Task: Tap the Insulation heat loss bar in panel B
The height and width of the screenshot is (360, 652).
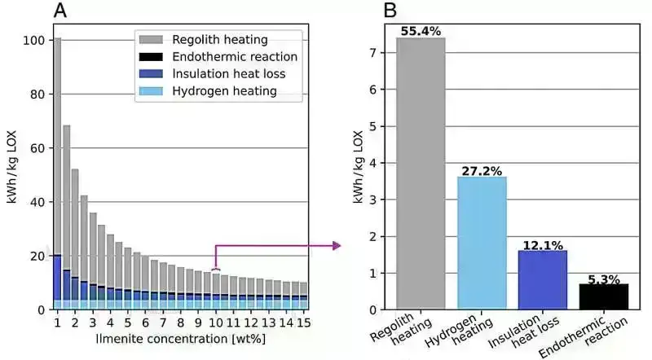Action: pyautogui.click(x=543, y=279)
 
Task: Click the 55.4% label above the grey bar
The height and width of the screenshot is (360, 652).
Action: pyautogui.click(x=421, y=31)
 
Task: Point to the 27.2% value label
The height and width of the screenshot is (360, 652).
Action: pyautogui.click(x=481, y=170)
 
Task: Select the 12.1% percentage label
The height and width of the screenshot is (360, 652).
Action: pyautogui.click(x=543, y=244)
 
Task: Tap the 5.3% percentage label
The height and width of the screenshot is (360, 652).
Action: pyautogui.click(x=604, y=278)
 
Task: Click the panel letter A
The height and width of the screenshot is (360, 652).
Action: pyautogui.click(x=60, y=11)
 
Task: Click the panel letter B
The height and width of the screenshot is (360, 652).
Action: pyautogui.click(x=390, y=11)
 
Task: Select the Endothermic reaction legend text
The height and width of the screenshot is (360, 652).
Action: pyautogui.click(x=235, y=57)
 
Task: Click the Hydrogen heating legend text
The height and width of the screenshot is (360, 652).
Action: pyautogui.click(x=225, y=91)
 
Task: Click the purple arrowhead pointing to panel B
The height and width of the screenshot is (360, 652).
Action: pyautogui.click(x=336, y=244)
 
